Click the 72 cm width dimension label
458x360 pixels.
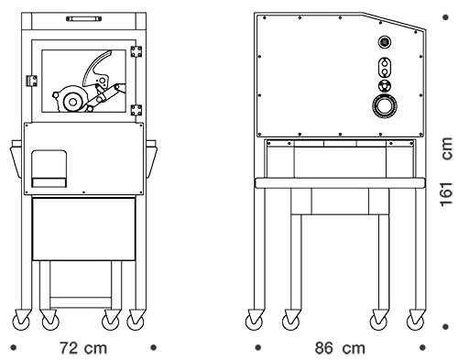click(x=83, y=348)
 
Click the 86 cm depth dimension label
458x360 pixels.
click(x=340, y=348)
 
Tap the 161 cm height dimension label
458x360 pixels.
click(x=446, y=172)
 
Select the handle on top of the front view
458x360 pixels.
click(x=83, y=19)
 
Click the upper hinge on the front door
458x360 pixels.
click(x=136, y=51)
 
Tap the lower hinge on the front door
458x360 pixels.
click(x=136, y=110)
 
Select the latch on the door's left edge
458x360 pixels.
click(x=31, y=81)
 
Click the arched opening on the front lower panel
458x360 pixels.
click(x=49, y=169)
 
